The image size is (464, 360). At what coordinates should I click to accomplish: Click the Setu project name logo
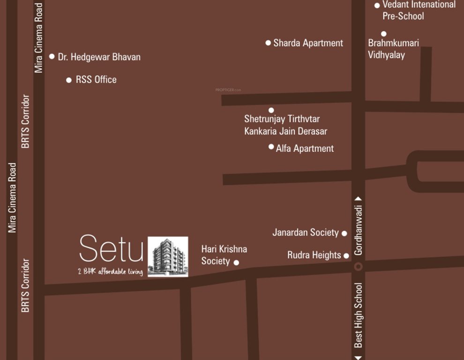click(x=111, y=248)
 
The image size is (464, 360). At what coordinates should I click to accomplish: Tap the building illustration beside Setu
click(x=168, y=256)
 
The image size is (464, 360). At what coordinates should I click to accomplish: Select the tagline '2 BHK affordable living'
click(x=111, y=271)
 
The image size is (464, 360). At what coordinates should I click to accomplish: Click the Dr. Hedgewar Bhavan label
click(x=99, y=57)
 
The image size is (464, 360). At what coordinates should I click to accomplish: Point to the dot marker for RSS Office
click(x=69, y=80)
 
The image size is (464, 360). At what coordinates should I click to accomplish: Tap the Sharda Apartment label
click(x=308, y=43)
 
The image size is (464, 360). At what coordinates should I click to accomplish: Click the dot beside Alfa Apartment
click(x=271, y=147)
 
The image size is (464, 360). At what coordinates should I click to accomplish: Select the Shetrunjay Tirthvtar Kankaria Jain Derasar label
click(x=285, y=125)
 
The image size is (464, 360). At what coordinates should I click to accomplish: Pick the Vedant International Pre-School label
click(x=419, y=10)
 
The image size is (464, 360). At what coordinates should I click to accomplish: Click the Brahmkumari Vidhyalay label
click(x=393, y=49)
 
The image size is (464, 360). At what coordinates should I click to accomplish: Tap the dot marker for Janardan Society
click(x=344, y=233)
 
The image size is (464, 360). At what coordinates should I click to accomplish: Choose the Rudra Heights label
click(x=314, y=255)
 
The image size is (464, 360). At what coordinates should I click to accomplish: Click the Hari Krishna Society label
click(x=224, y=255)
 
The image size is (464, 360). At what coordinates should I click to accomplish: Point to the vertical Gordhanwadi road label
click(x=359, y=230)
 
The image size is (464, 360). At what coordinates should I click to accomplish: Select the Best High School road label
click(x=359, y=315)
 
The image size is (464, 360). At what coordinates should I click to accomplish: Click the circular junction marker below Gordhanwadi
click(x=359, y=266)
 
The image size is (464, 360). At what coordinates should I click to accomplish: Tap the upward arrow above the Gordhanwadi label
click(x=359, y=199)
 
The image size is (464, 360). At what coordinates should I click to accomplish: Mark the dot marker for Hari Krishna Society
click(x=236, y=262)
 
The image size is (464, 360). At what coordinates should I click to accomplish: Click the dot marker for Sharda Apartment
click(x=268, y=43)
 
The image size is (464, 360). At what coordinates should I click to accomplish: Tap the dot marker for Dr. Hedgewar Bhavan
click(x=52, y=56)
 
